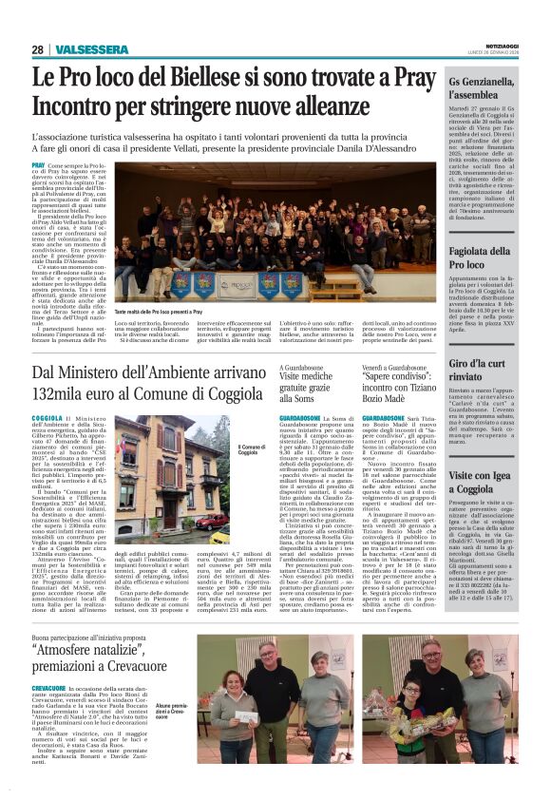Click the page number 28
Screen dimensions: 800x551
(37, 49)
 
